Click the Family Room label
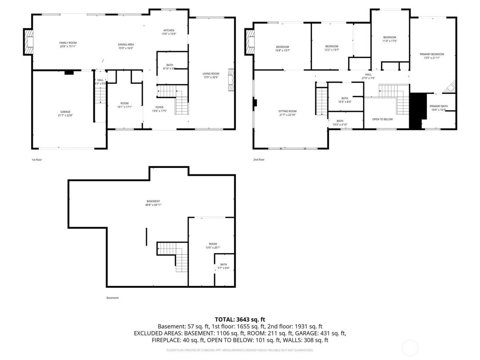coord(68,43)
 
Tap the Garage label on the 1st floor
coord(65,112)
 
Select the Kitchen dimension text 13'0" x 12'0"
coord(169,34)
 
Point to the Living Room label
coord(211,74)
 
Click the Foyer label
coord(159,107)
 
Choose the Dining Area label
coord(126,45)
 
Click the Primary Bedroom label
coord(432,54)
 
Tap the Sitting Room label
coord(287,111)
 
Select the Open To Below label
coord(382,119)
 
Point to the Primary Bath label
coord(439,106)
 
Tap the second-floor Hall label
coord(368,74)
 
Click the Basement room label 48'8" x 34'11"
coord(153,201)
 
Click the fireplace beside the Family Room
coord(28,42)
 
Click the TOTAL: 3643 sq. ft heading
coord(240,320)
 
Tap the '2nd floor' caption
coord(259,159)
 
